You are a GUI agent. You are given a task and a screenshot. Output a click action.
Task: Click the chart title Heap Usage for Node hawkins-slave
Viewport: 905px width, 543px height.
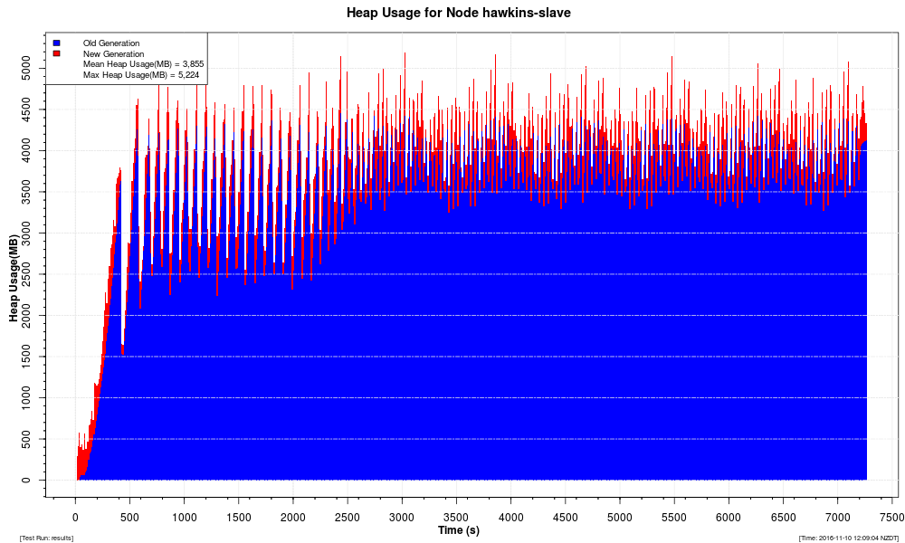[458, 13]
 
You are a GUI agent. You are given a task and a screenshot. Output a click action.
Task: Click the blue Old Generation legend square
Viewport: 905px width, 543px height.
[56, 43]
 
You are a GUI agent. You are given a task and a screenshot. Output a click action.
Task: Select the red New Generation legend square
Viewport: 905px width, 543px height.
[56, 53]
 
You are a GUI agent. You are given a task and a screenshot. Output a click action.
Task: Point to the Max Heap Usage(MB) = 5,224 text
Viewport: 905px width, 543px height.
[140, 75]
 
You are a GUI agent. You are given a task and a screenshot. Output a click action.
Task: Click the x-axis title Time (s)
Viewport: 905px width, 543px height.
[458, 530]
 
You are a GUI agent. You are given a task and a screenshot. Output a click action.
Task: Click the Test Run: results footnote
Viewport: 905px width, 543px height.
[46, 538]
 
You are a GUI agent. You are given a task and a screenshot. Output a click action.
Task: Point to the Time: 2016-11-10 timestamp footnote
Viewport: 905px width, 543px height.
[848, 538]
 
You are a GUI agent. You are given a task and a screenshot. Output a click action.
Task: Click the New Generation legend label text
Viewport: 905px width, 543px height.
[113, 53]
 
